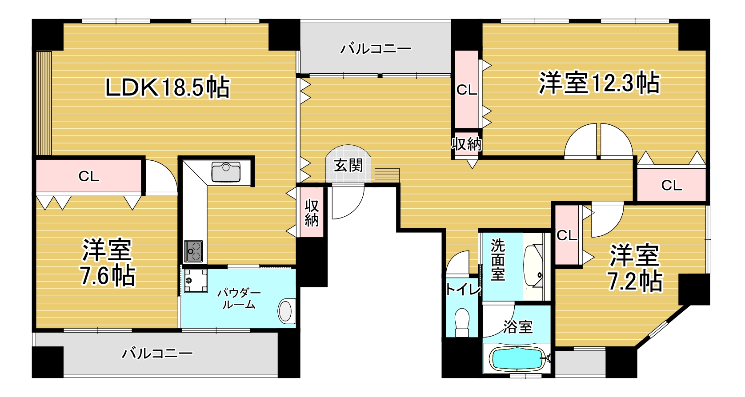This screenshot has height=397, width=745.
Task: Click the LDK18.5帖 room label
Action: pos(167,87)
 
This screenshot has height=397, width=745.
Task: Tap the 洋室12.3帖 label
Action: pos(599,83)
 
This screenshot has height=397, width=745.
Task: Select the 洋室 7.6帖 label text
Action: pos(107,263)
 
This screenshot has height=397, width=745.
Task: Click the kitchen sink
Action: pos(226,172)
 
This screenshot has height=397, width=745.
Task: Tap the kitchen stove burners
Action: pos(193,252)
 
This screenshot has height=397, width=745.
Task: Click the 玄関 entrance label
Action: pos(348,166)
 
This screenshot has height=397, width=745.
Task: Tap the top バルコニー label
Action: pos(376,48)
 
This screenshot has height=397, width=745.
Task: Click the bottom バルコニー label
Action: pos(157,353)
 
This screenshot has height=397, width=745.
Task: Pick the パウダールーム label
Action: pos(239,298)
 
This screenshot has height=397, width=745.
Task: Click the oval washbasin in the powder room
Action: pos(286,310)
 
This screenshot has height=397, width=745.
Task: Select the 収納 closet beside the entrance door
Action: pos(312,212)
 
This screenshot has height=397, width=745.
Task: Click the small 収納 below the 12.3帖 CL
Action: pos(466,144)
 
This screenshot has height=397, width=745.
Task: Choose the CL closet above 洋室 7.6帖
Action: pos(89,176)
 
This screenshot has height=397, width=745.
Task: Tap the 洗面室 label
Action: pos(497,260)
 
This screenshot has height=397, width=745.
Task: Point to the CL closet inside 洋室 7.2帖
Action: pos(567,235)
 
